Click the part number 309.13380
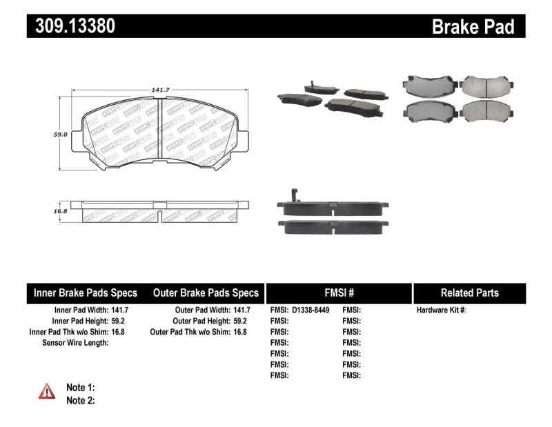coord(71,26)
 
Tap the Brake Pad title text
coord(473,26)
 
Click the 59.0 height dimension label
coord(61,135)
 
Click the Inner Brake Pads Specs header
coord(86,292)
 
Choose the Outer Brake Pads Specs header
coord(206,292)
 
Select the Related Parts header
coord(469,292)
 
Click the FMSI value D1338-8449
coord(315,310)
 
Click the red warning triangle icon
coord(47,392)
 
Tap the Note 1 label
coord(80,387)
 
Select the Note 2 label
coord(80,400)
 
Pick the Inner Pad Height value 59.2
coord(120,321)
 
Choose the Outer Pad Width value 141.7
coord(241,310)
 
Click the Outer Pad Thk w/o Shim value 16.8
coord(239,332)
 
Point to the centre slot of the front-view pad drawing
coord(160,131)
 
